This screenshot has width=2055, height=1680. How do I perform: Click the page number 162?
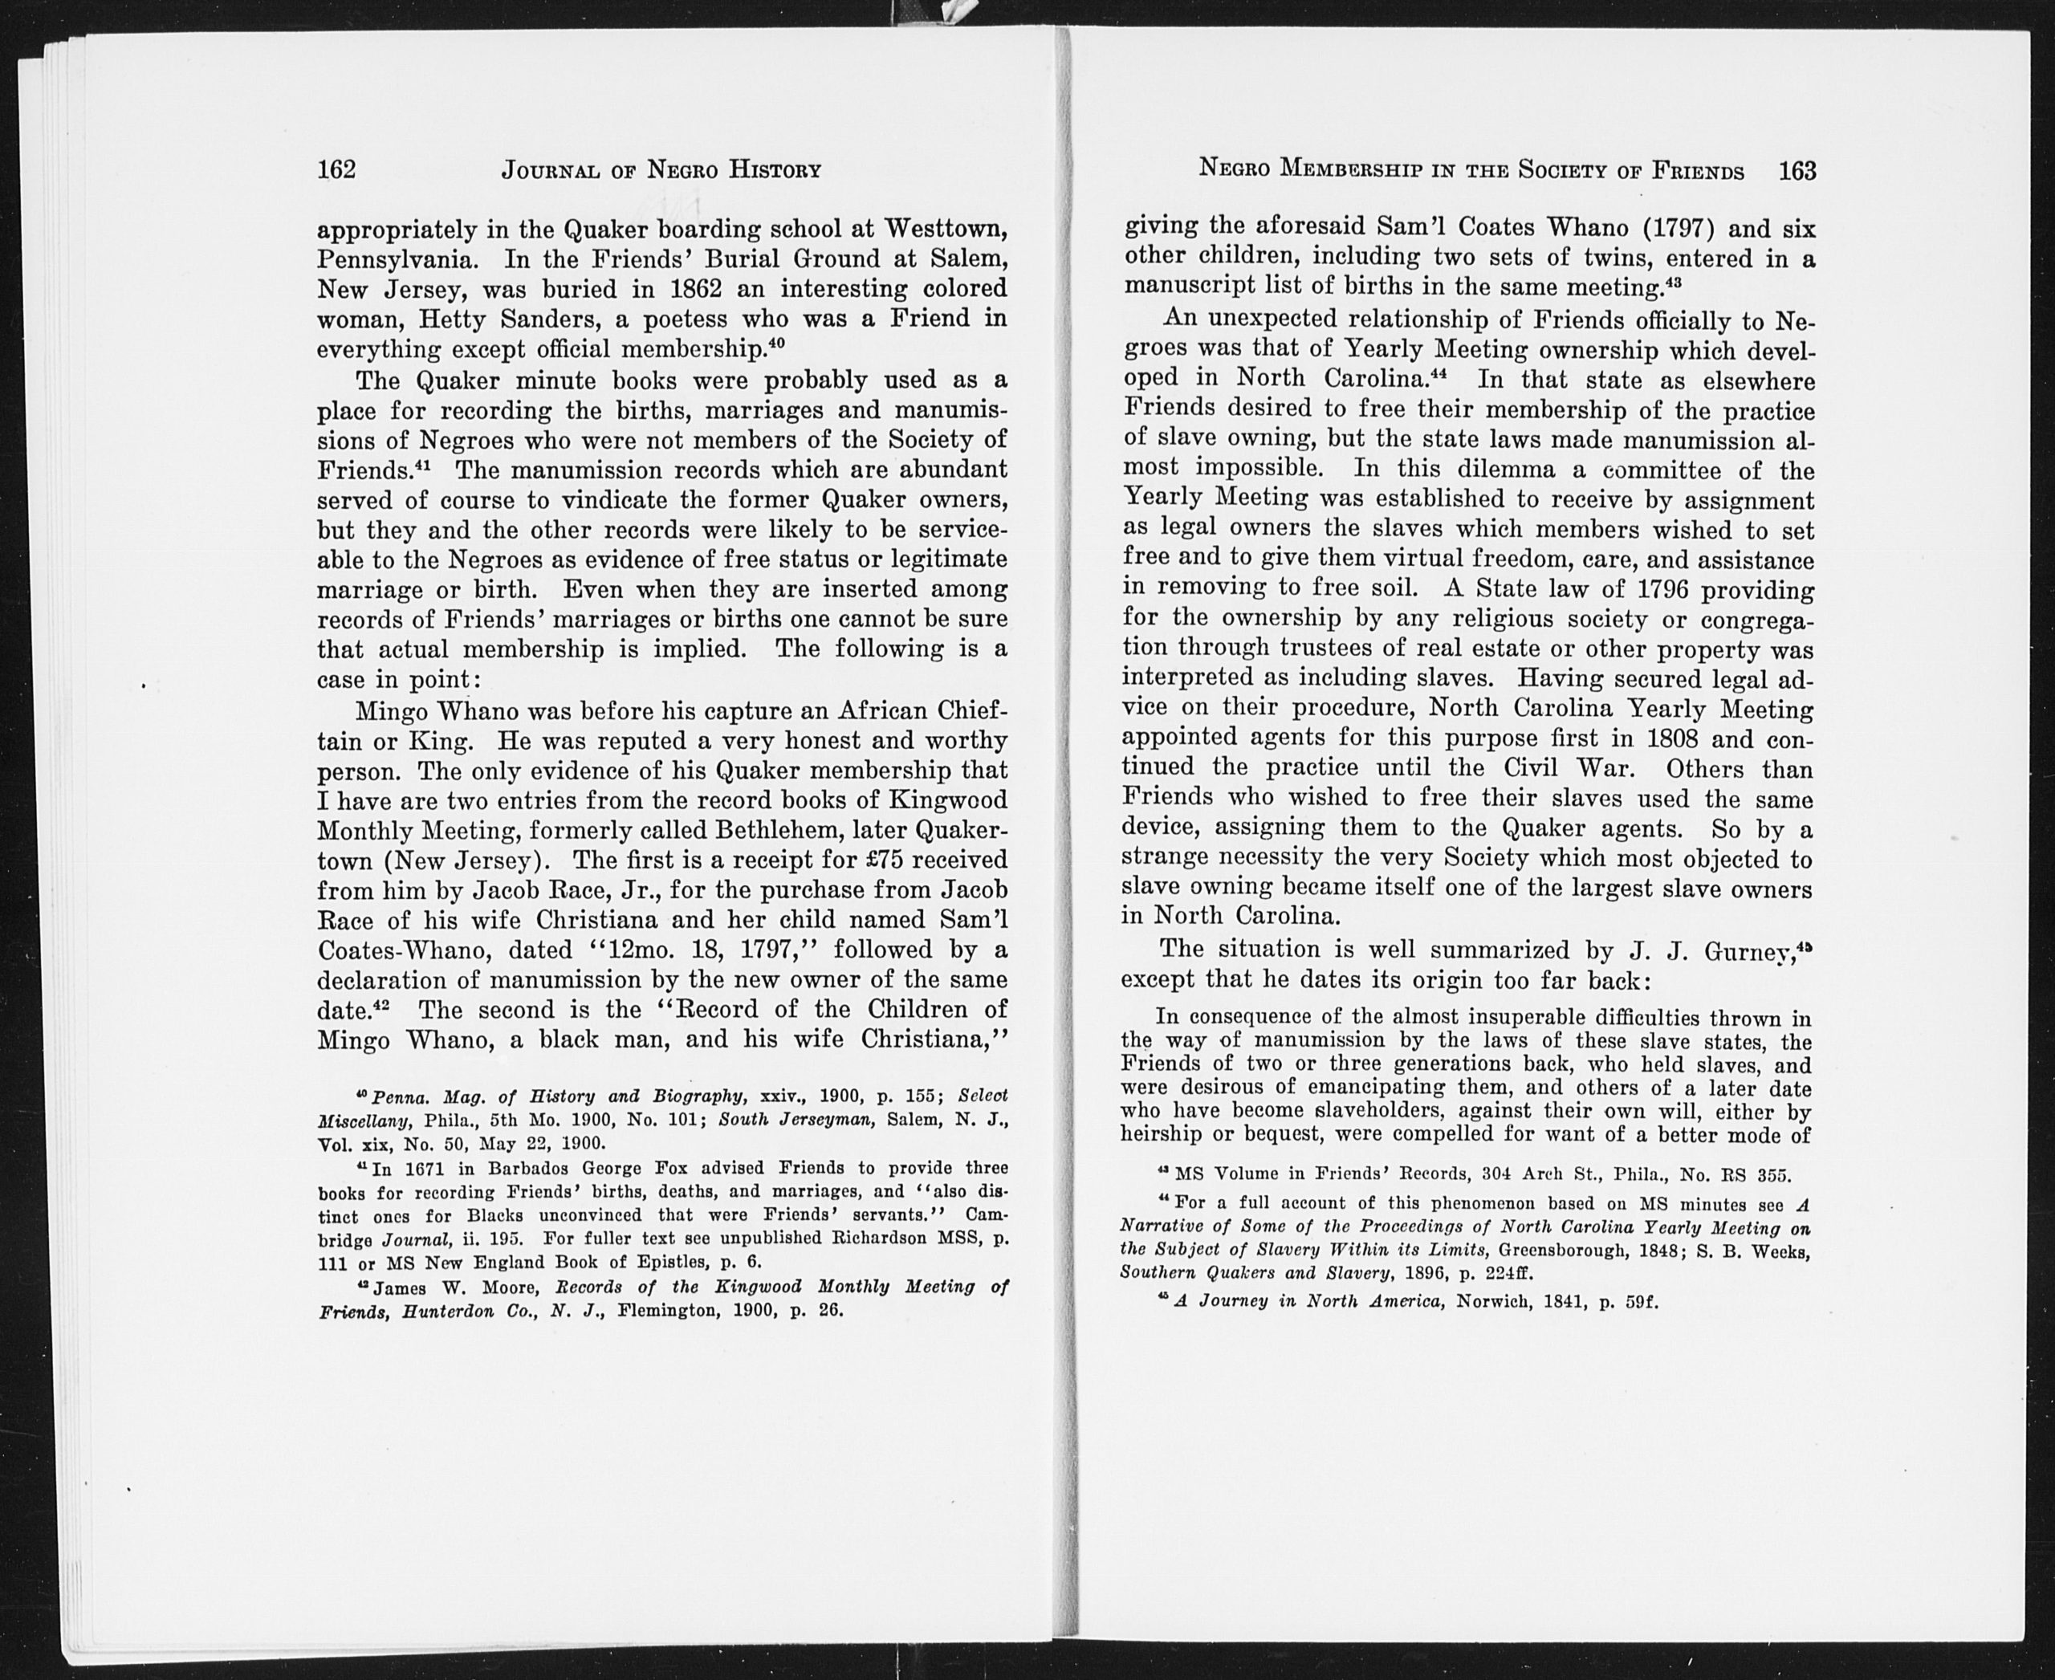click(x=337, y=169)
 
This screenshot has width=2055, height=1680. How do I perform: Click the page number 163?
click(x=1797, y=171)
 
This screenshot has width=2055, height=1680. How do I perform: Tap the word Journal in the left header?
click(x=549, y=171)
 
